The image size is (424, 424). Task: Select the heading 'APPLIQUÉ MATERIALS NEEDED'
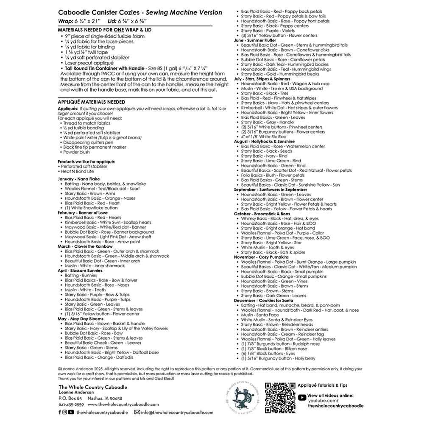(x=91, y=102)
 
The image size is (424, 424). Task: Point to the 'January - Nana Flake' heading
(x=79, y=179)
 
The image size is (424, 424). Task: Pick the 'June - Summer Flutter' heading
(x=254, y=40)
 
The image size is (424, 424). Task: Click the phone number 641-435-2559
(x=71, y=404)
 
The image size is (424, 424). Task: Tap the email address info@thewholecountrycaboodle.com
(x=176, y=412)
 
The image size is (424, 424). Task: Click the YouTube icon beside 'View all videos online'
(x=301, y=397)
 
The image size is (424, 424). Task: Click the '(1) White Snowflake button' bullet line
(x=91, y=208)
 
